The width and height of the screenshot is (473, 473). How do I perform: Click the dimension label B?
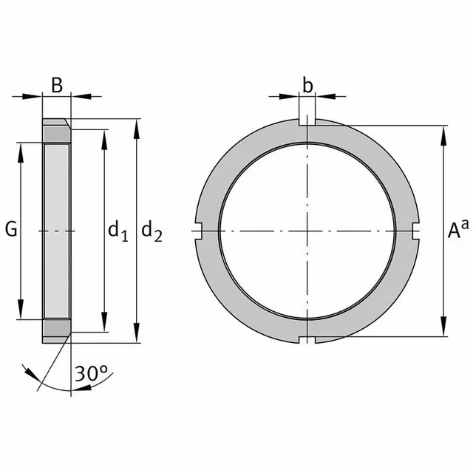(57, 85)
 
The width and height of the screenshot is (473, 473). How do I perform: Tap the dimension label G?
(11, 229)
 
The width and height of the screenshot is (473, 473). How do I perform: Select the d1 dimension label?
(118, 231)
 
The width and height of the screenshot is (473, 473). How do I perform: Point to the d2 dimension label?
(152, 231)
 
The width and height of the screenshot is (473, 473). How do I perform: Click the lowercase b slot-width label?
(307, 86)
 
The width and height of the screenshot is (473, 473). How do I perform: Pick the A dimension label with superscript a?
(458, 229)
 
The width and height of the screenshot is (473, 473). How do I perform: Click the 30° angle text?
(91, 373)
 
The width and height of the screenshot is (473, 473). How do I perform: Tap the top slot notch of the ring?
(307, 122)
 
